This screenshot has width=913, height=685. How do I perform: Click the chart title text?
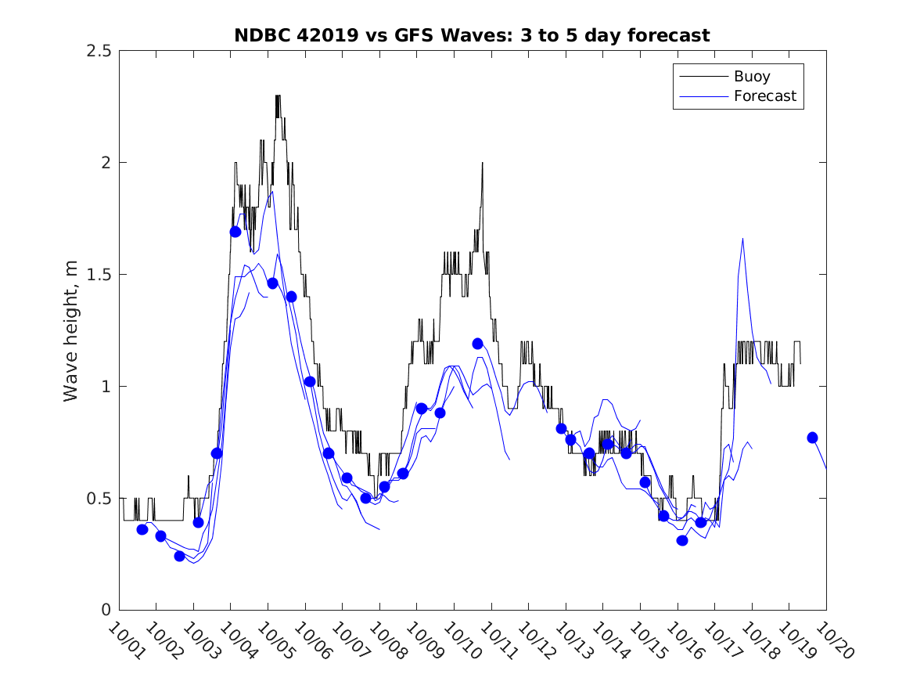[472, 35]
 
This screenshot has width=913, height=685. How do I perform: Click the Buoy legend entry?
[751, 77]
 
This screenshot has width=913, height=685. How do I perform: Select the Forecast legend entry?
[764, 96]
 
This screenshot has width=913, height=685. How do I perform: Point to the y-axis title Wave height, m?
[71, 330]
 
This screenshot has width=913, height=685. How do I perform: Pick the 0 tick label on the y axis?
[105, 611]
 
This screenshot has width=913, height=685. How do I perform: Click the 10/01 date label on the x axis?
[124, 641]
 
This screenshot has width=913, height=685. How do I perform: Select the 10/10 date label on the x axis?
[459, 641]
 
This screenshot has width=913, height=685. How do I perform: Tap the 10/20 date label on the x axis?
[832, 641]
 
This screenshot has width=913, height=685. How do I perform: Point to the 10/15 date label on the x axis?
[645, 641]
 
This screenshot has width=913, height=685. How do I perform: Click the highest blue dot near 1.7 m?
[235, 232]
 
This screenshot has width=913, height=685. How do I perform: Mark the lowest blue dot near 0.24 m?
[179, 556]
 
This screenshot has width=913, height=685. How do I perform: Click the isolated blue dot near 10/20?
[812, 438]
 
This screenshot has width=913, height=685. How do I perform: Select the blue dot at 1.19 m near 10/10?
[477, 344]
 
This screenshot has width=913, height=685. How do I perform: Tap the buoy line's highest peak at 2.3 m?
[278, 96]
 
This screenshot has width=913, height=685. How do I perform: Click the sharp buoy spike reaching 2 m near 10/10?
[483, 163]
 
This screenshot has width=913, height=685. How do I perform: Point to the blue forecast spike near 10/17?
[742, 239]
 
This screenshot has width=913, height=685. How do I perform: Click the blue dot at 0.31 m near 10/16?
[682, 540]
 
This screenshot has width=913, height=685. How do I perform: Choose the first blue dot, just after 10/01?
[142, 529]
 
